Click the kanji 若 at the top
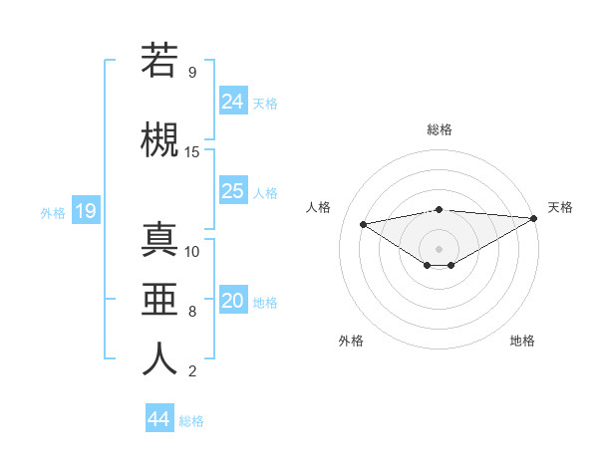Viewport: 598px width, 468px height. click(x=159, y=62)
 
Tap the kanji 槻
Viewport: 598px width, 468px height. click(x=159, y=140)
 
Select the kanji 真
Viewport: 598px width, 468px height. click(x=159, y=240)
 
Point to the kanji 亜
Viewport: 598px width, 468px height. click(x=159, y=300)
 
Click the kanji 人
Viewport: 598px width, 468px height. click(x=159, y=359)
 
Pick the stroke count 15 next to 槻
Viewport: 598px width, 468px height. click(x=192, y=151)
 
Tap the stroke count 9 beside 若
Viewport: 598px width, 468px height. click(x=191, y=72)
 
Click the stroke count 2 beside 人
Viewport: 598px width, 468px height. click(x=191, y=371)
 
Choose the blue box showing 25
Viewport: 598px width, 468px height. click(x=233, y=191)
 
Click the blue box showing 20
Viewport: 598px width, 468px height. click(x=233, y=301)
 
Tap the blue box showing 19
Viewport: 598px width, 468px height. click(x=85, y=211)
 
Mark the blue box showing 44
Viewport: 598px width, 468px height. click(x=158, y=419)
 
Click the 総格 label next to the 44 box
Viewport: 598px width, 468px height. click(x=191, y=421)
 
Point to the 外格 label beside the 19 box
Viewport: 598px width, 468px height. click(x=53, y=212)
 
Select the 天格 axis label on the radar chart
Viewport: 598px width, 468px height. click(x=560, y=207)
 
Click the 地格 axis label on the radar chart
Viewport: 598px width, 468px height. click(x=522, y=341)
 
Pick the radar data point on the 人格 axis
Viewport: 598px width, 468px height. click(x=363, y=223)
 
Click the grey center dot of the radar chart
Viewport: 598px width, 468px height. click(x=439, y=248)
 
